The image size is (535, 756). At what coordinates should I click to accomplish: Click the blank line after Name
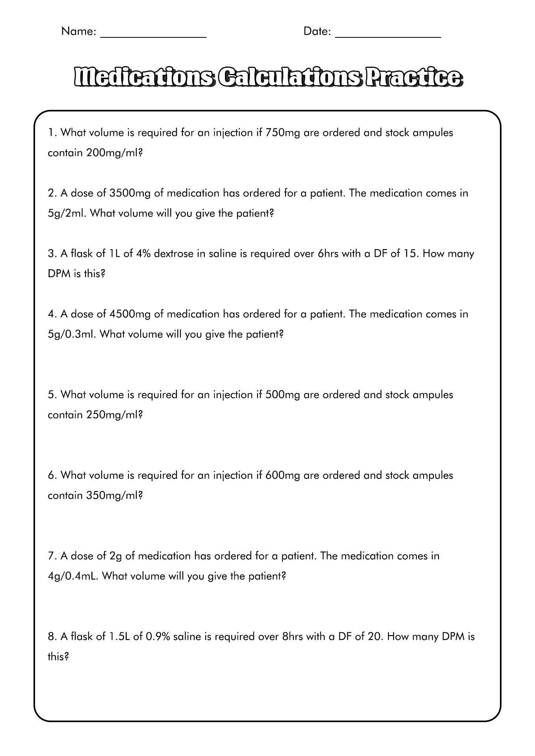tap(154, 36)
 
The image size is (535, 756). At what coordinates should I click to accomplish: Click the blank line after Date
tap(388, 36)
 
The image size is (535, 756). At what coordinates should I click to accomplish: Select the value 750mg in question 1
tap(283, 133)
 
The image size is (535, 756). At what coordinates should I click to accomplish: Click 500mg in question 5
tap(283, 395)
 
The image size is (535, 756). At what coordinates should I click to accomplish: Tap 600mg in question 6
tap(283, 475)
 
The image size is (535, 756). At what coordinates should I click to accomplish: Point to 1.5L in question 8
tap(118, 637)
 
